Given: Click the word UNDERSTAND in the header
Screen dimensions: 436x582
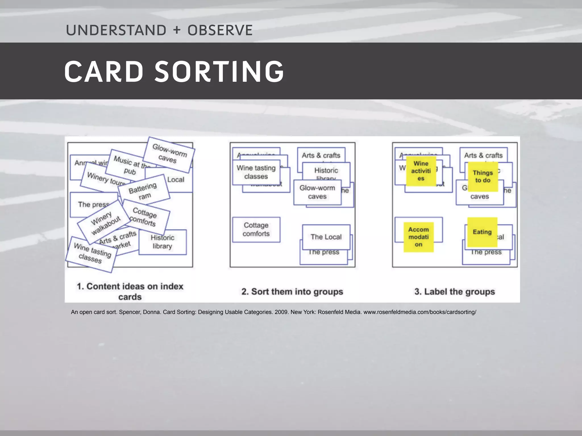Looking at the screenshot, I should point(116,30).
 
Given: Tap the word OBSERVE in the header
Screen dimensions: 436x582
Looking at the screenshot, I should point(220,30).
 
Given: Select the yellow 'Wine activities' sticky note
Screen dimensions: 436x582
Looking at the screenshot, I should point(421,171).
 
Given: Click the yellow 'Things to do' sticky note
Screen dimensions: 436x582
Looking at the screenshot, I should point(483,176).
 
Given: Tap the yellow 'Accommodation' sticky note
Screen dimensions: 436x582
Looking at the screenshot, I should point(419,237).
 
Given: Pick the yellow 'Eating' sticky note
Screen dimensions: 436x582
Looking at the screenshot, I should point(482,232).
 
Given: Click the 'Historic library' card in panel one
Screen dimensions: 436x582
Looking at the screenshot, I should point(163,242).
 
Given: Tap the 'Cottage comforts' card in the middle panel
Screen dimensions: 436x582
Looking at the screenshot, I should point(256,229).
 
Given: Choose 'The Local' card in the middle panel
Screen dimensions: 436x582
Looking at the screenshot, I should point(326,237).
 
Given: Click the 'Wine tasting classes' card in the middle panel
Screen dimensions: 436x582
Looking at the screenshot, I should point(256,172).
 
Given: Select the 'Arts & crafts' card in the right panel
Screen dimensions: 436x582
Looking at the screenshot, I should point(483,155).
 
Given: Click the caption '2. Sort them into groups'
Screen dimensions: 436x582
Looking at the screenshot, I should point(292,292).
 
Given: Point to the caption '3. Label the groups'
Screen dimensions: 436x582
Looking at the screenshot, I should point(454,292).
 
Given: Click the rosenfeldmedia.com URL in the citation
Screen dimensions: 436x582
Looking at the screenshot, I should point(419,312).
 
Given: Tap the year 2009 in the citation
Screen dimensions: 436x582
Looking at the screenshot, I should point(281,312).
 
